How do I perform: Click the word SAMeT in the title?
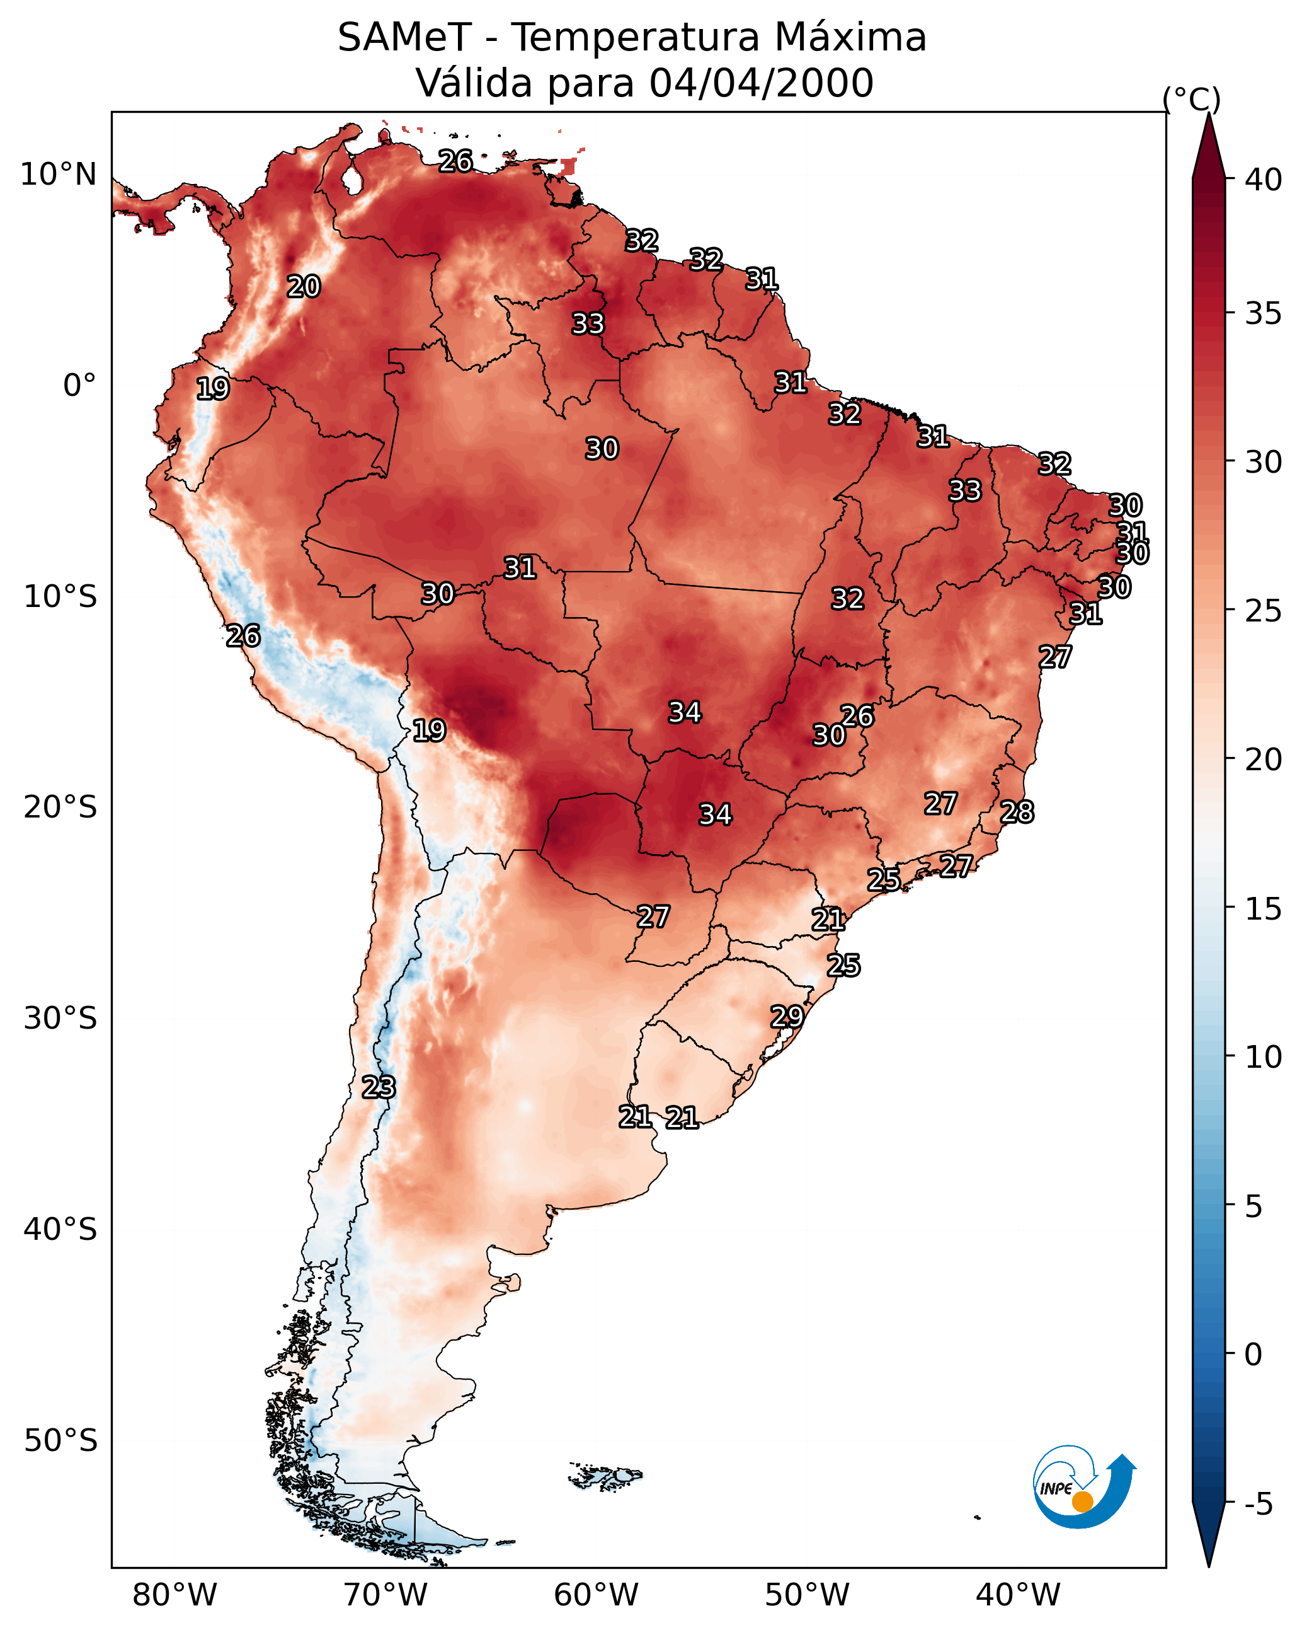click(404, 38)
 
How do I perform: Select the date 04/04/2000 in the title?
click(761, 83)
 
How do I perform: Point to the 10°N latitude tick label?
click(58, 175)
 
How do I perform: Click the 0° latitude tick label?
click(79, 386)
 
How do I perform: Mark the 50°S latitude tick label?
click(60, 1441)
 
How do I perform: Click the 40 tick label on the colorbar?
click(1264, 180)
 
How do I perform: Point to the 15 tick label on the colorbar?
click(1264, 909)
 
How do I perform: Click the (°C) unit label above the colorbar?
click(1192, 99)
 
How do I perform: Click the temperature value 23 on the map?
click(379, 1087)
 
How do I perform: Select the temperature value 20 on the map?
click(304, 287)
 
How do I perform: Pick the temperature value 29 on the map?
click(787, 1017)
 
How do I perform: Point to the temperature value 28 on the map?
click(1017, 812)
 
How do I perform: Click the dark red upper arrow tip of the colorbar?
click(1208, 144)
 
